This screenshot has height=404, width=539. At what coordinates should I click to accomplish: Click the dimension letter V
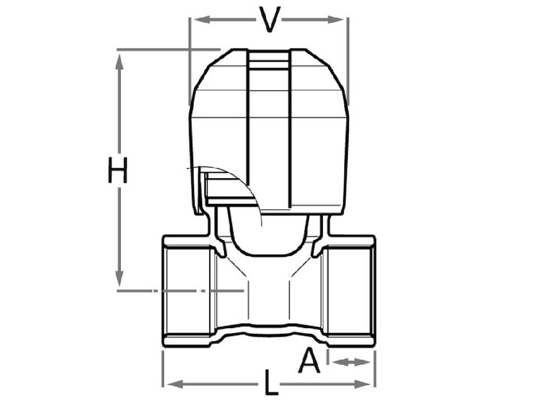tap(269, 19)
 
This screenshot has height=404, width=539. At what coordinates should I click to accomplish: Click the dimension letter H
tap(118, 170)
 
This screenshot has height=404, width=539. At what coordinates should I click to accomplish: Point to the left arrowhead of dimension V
tap(202, 20)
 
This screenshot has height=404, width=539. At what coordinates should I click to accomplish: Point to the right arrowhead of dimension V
tap(336, 20)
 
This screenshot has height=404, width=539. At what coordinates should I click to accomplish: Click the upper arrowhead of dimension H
tap(119, 62)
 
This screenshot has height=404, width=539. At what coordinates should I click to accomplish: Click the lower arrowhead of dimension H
tap(119, 278)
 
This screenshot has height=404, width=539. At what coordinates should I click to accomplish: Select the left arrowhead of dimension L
tap(175, 384)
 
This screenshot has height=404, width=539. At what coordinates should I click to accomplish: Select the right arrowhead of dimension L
tap(362, 384)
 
